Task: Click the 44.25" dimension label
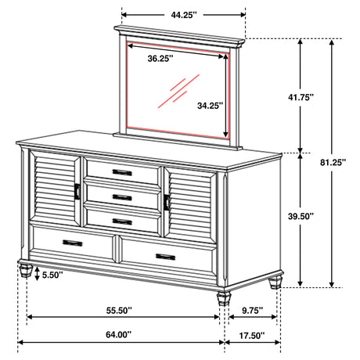coord(184,14)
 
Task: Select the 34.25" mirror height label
coord(211,104)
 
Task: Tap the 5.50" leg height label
coord(53,275)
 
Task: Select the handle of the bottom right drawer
coord(165,256)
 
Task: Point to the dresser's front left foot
coord(26,272)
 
